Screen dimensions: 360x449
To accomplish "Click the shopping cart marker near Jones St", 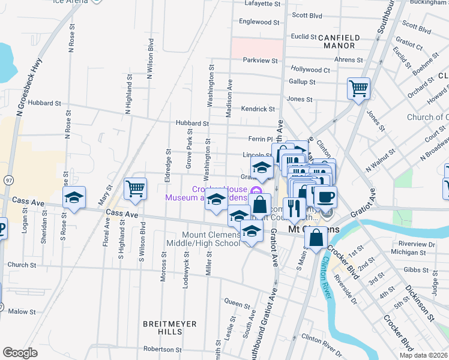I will (358, 89).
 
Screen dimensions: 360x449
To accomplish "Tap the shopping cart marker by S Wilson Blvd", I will (135, 188).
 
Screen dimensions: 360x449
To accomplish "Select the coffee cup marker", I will (325, 197).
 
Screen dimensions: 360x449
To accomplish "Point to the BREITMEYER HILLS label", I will (162, 327).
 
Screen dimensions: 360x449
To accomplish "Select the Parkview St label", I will (260, 61).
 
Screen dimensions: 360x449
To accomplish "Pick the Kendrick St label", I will (258, 109).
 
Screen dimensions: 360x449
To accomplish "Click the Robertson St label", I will (162, 349).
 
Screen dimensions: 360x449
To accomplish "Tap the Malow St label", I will (22, 311).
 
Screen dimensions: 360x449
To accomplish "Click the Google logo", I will (20, 353).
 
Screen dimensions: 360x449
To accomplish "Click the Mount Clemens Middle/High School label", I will (212, 239).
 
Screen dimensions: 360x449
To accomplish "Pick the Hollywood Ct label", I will (310, 70).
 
